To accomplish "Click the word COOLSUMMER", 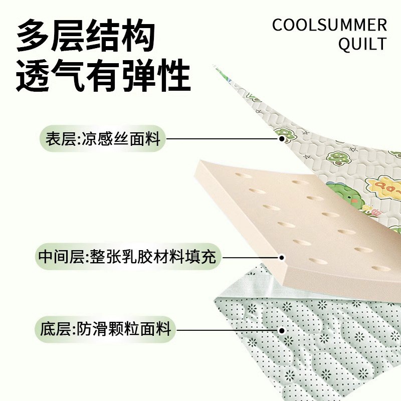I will click(330, 25).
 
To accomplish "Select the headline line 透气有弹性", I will click(103, 76).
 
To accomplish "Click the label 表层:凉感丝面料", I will click(103, 139).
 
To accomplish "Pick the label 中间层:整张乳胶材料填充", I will click(127, 257).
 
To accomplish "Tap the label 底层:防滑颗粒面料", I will click(106, 329).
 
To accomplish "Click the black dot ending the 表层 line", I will click(282, 139).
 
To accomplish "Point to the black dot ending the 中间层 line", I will click(282, 258).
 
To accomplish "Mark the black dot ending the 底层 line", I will click(282, 330).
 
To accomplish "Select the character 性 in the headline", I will click(173, 76).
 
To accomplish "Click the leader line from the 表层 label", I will click(223, 139).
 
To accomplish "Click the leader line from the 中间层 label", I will click(251, 258).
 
